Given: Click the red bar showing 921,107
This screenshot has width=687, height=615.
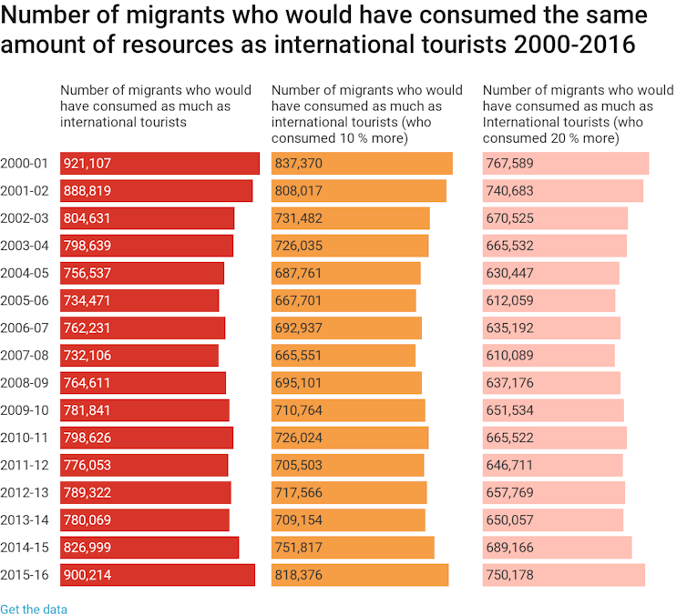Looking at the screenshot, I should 159,164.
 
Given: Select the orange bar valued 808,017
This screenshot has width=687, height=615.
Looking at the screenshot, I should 359,191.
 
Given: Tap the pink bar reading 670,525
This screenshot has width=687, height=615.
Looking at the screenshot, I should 555,218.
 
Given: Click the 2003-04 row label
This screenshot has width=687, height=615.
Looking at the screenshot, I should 25,246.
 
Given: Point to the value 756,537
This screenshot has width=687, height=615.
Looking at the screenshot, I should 87,273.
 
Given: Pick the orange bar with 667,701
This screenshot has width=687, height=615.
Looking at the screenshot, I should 343,300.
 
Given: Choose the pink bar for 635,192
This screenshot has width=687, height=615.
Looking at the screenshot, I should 551,328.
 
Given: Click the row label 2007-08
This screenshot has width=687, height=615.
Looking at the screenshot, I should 25,355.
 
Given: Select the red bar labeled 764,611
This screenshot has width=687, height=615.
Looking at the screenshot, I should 142,382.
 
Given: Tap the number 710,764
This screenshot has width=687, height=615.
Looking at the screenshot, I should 299,410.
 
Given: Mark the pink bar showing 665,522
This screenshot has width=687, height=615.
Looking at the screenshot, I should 554,438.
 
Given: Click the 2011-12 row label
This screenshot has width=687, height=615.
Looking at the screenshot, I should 25,465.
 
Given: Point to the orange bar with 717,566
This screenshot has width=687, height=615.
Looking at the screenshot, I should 349,492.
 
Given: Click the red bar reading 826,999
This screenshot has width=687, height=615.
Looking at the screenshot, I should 149,547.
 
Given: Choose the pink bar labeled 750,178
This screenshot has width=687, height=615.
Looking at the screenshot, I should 563,574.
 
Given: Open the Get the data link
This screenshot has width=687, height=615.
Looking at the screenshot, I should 34,609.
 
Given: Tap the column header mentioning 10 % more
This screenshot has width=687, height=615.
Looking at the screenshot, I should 366,114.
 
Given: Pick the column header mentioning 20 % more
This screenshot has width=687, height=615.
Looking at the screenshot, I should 578,114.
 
